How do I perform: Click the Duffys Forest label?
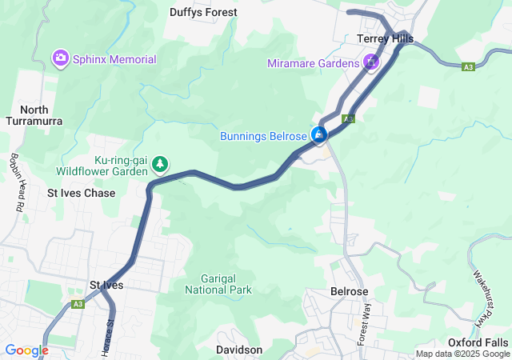pyautogui.click(x=203, y=12)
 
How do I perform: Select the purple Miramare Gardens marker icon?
pyautogui.click(x=371, y=62)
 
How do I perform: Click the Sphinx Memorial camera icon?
pyautogui.click(x=60, y=58)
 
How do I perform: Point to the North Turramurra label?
pyautogui.click(x=34, y=115)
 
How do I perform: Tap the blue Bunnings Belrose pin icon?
pyautogui.click(x=319, y=134)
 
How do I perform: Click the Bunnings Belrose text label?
pyautogui.click(x=263, y=136)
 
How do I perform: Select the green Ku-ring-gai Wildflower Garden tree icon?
pyautogui.click(x=160, y=164)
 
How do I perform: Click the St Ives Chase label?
pyautogui.click(x=81, y=193)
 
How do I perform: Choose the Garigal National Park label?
pyautogui.click(x=218, y=284)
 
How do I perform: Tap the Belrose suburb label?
pyautogui.click(x=349, y=292)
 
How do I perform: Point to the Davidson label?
pyautogui.click(x=239, y=350)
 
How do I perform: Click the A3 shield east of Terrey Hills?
pyautogui.click(x=468, y=67)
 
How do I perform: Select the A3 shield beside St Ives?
pyautogui.click(x=78, y=304)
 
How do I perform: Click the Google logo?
pyautogui.click(x=26, y=350)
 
